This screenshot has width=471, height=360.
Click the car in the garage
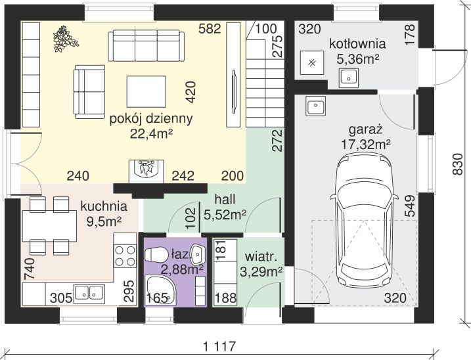(x=364, y=219)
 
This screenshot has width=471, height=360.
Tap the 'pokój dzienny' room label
(x=151, y=119)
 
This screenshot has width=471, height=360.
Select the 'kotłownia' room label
(x=357, y=44)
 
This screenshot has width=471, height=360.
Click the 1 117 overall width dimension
(x=219, y=347)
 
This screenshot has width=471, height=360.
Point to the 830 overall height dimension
(x=457, y=164)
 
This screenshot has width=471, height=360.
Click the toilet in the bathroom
(x=156, y=255)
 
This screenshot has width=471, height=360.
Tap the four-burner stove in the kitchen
(x=125, y=256)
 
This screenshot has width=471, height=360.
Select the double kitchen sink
(x=89, y=292)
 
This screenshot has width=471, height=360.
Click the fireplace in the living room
(x=146, y=171)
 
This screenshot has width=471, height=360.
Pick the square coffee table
(x=146, y=92)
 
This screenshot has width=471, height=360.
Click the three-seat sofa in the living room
(x=146, y=46)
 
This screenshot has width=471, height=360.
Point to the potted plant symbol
(x=65, y=39)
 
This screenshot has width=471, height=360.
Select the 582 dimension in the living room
(x=210, y=29)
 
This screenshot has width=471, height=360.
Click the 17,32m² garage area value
(x=366, y=145)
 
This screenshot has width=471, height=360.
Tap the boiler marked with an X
(x=312, y=63)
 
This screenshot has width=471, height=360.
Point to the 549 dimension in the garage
(x=410, y=206)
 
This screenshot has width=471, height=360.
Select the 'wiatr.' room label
(x=261, y=258)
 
